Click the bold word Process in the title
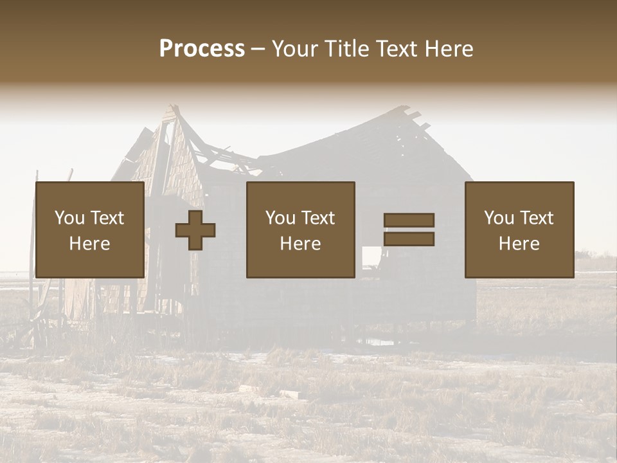[202, 49]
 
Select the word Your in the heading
[295, 49]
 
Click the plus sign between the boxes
[195, 230]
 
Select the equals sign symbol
[409, 230]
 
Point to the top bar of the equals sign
[409, 221]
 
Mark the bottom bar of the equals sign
[409, 239]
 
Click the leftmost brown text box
[89, 230]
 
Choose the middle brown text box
[300, 230]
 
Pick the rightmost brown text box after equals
[519, 230]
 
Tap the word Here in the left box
[89, 244]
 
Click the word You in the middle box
[281, 218]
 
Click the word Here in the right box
[519, 244]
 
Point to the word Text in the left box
[107, 218]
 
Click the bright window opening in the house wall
[371, 257]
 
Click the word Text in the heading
[394, 49]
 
